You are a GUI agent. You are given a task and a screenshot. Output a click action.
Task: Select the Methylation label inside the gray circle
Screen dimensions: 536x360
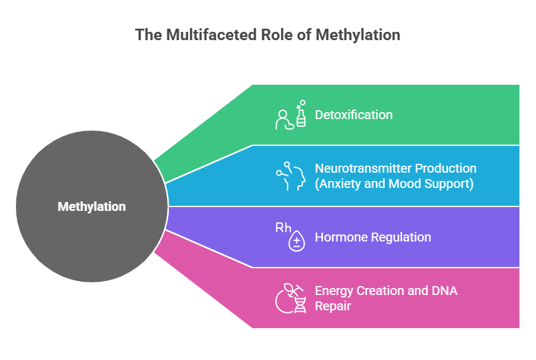point(92,206)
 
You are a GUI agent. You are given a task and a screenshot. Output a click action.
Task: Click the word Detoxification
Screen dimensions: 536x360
point(354,115)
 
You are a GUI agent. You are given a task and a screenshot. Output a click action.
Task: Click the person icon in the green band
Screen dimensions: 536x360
point(284,120)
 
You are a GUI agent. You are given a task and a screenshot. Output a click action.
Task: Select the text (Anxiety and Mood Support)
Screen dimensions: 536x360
point(394,184)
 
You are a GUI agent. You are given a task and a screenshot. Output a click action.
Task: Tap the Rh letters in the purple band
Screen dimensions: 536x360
point(284,227)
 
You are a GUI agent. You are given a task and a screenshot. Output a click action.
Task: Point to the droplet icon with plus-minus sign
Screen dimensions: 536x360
point(297,241)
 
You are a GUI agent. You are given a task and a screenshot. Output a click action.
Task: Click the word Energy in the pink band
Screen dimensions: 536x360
point(333,291)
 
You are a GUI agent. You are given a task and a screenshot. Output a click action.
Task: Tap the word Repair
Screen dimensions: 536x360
point(333,306)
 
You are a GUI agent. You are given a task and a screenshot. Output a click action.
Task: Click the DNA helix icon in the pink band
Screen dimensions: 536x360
point(300,305)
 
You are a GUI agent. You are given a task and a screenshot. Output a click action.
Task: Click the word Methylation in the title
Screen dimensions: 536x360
point(358,35)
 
